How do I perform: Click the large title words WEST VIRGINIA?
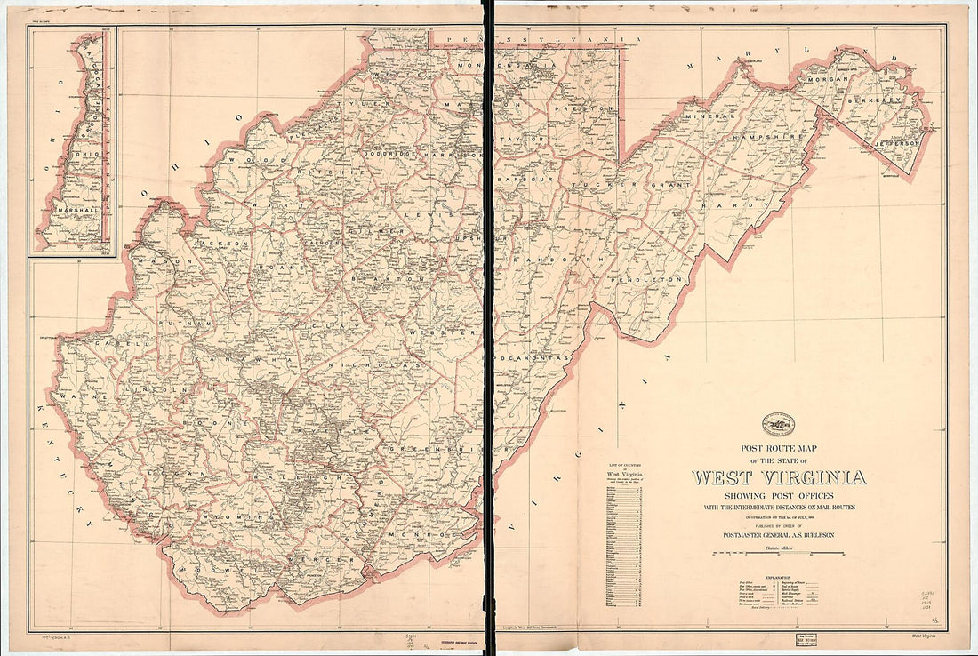(x=778, y=477)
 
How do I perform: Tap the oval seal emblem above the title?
(x=778, y=424)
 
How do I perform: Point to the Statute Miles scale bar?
(x=778, y=554)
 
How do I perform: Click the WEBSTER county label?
(x=438, y=332)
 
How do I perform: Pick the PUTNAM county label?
(x=192, y=324)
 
